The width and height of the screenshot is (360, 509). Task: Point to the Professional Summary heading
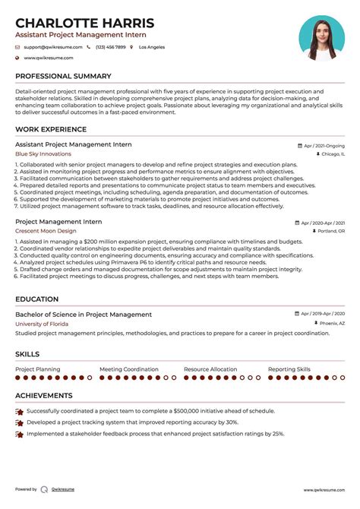click(63, 76)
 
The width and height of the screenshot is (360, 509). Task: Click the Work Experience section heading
click(51, 129)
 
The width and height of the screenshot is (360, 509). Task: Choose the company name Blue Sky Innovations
click(43, 153)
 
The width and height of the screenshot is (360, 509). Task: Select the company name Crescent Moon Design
click(46, 230)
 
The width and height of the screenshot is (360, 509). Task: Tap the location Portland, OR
click(330, 230)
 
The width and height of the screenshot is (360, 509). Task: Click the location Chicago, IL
click(332, 153)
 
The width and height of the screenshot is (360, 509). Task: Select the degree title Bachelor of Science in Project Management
click(84, 315)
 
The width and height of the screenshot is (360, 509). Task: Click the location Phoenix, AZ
click(331, 323)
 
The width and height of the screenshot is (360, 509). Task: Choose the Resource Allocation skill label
click(210, 369)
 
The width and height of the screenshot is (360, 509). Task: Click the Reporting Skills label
click(289, 369)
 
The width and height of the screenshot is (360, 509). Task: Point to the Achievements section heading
click(44, 396)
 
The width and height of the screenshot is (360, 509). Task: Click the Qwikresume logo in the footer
click(45, 490)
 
